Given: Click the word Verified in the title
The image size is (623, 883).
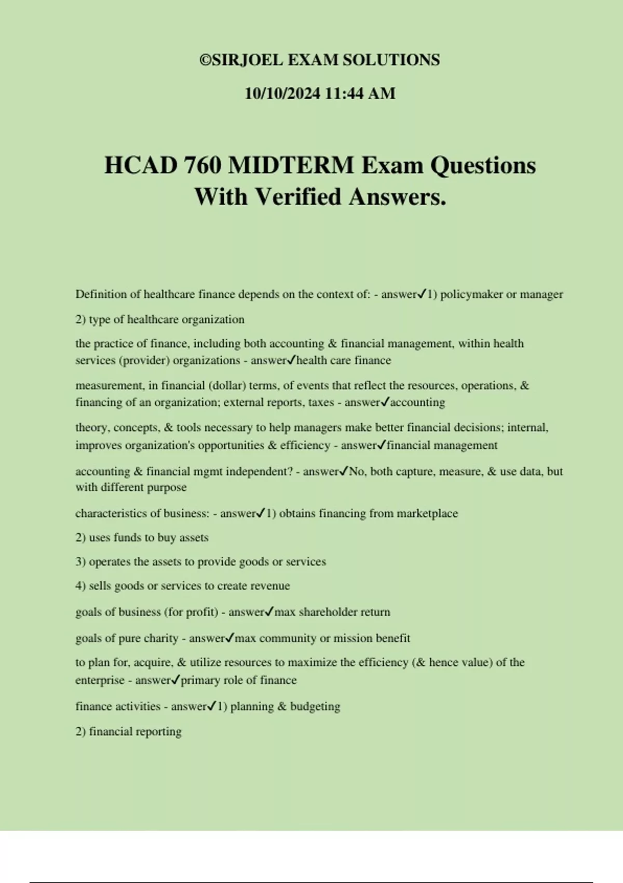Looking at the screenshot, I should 298,197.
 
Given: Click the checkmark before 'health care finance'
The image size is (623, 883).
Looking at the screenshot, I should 291,360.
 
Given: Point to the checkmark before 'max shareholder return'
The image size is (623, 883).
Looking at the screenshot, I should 269,612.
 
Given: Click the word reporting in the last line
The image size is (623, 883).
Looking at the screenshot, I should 159,732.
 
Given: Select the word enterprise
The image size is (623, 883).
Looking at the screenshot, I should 99,680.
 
